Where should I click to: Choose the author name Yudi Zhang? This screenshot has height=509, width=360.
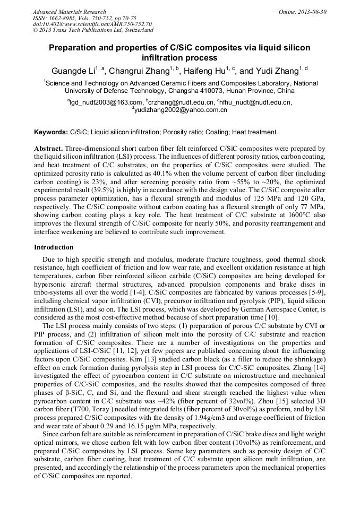(x=274, y=71)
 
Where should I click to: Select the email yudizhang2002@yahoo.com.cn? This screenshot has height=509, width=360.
(x=181, y=110)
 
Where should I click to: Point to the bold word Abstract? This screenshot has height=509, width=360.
(x=48, y=149)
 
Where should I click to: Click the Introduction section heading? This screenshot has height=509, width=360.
(x=54, y=247)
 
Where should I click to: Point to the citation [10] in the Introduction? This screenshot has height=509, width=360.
(x=272, y=317)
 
